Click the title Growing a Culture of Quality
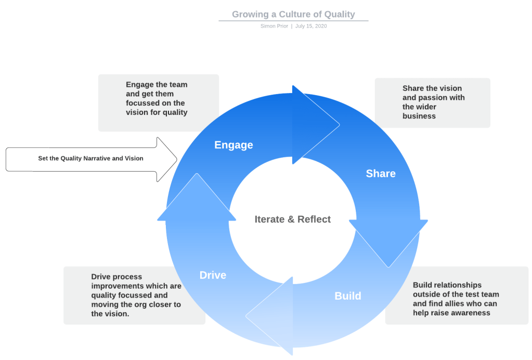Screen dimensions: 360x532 click(x=293, y=15)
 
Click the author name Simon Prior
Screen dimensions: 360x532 click(x=274, y=26)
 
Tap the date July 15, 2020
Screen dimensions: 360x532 click(x=311, y=26)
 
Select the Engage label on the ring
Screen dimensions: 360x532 click(x=233, y=145)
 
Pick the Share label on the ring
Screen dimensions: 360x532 click(x=381, y=174)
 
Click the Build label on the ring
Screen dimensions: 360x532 click(x=348, y=296)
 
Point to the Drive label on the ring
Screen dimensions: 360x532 click(x=213, y=275)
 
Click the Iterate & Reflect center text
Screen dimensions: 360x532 click(x=292, y=220)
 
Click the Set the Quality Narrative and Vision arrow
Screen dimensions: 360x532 click(x=91, y=159)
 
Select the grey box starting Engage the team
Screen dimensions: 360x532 click(x=158, y=102)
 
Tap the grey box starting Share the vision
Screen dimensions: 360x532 click(x=432, y=102)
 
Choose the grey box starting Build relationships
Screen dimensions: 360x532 click(x=456, y=295)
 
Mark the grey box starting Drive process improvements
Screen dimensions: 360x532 click(x=134, y=295)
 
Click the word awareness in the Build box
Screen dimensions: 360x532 click(x=471, y=313)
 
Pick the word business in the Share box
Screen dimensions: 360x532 click(x=419, y=116)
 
